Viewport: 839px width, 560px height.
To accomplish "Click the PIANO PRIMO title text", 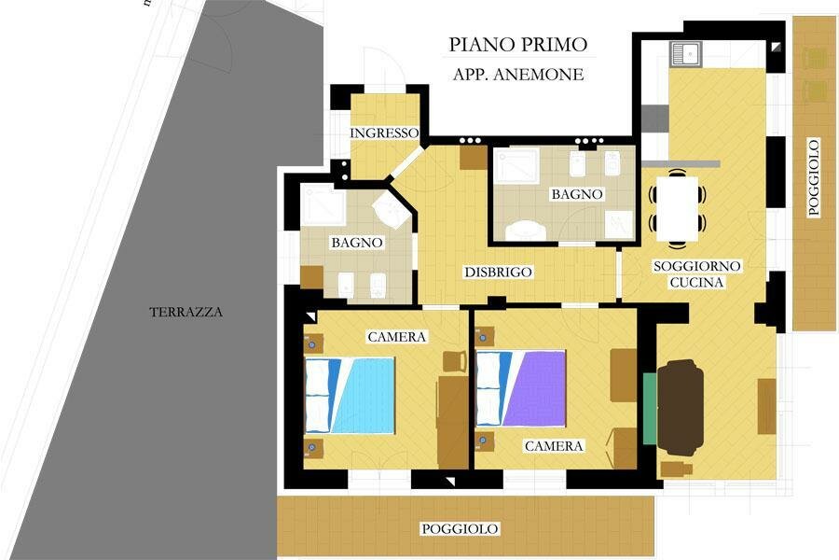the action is [x=518, y=45].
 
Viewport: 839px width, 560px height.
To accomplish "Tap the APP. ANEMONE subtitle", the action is [x=518, y=74].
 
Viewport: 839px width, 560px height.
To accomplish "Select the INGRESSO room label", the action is [x=384, y=133].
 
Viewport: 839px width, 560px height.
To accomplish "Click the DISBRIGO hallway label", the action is [x=498, y=273].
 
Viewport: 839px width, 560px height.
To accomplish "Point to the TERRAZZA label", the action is [x=186, y=312].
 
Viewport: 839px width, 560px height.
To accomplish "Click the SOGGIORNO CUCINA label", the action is [x=696, y=273].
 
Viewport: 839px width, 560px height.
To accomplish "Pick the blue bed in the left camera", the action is [x=350, y=395].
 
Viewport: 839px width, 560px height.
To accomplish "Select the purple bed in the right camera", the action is [x=520, y=388].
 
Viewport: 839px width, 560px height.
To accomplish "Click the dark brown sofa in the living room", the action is [x=681, y=408].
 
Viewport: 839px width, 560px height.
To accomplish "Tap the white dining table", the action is [x=678, y=208].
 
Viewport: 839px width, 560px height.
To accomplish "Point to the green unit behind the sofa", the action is [x=650, y=409].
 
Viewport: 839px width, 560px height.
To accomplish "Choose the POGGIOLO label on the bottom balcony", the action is [x=460, y=529].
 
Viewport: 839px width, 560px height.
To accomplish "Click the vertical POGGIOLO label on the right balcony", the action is [x=814, y=177].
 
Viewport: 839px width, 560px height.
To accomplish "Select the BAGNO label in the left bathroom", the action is [x=357, y=243].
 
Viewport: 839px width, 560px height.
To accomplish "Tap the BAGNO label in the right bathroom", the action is [x=577, y=194].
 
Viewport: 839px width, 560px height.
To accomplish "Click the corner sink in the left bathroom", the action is [x=392, y=211].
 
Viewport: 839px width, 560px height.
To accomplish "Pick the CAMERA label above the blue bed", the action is [x=396, y=337].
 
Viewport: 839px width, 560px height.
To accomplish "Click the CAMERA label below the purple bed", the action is [x=553, y=446].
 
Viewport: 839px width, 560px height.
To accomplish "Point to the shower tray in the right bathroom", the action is [x=516, y=167].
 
